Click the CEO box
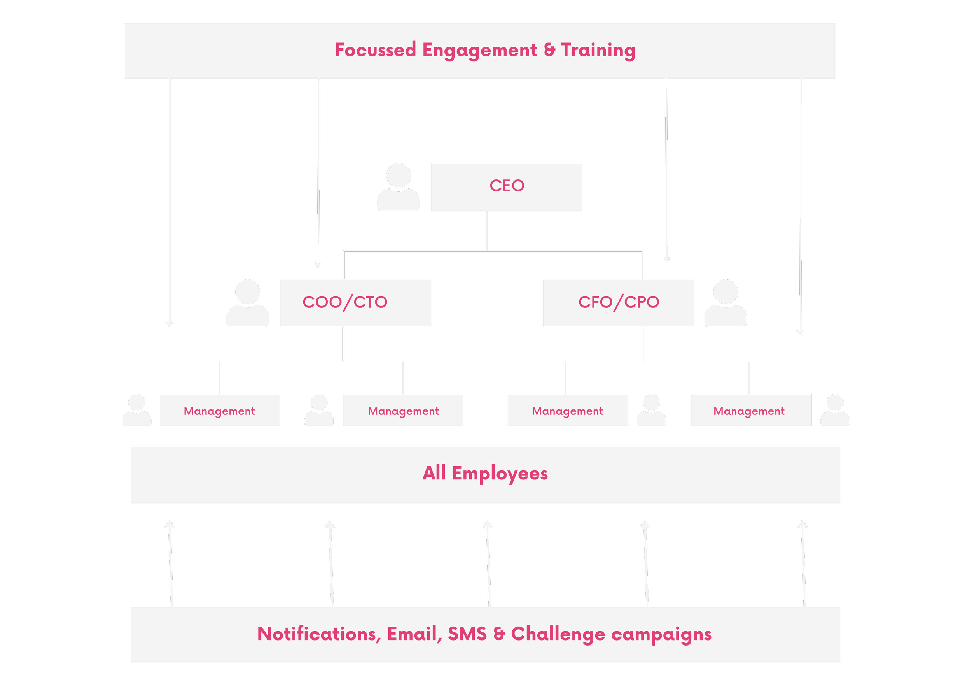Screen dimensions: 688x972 pos(507,187)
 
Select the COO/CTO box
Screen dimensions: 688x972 pos(355,303)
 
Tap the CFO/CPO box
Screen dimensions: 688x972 pos(619,303)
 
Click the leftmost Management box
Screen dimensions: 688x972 pos(219,410)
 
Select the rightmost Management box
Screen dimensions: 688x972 pos(751,410)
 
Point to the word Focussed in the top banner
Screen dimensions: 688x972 pos(376,50)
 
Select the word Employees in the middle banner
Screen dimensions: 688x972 pos(500,474)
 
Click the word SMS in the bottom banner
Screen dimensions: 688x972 pos(467,634)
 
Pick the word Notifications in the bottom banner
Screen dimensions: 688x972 pos(316,634)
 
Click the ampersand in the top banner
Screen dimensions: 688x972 pos(549,50)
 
